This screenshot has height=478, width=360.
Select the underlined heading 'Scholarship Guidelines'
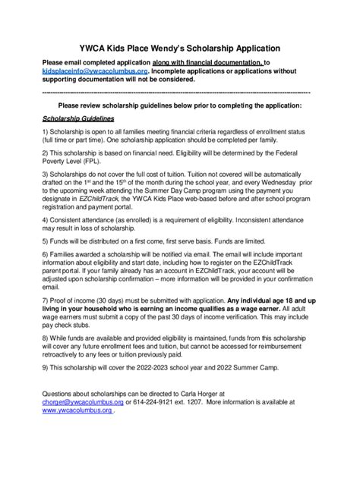[78, 120]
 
